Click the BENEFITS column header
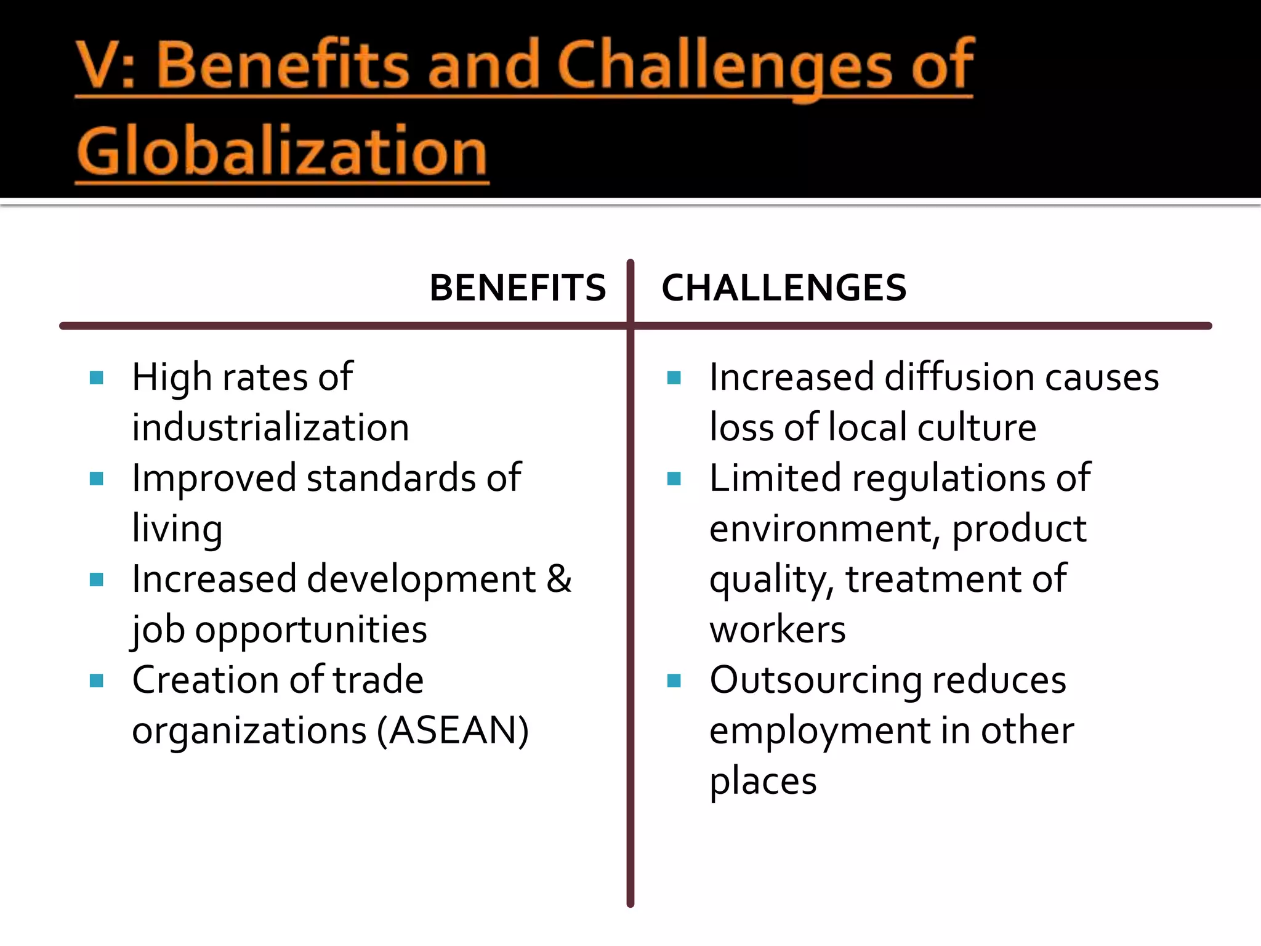517,288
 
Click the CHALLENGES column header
784,288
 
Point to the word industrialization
270,427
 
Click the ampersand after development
559,579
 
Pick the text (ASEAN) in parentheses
453,730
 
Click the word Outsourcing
815,680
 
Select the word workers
778,629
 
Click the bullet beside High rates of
97,378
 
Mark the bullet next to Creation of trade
97,681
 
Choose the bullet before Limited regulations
674,479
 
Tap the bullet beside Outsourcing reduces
674,681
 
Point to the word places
763,781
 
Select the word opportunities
311,629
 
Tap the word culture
977,427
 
